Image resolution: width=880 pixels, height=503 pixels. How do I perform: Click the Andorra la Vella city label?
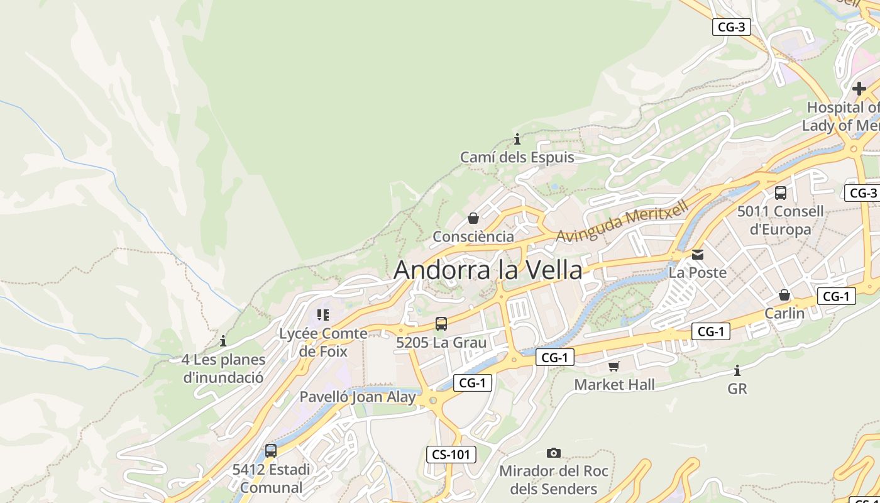[x=488, y=270]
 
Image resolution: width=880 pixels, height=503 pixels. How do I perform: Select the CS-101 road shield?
[x=451, y=455]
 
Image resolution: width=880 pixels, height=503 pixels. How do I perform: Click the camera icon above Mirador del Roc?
[x=553, y=453]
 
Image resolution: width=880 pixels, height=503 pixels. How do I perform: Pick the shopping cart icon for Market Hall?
[x=614, y=366]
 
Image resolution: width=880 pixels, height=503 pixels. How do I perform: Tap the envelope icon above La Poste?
[x=697, y=255]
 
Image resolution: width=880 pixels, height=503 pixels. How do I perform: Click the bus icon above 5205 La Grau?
[x=441, y=324]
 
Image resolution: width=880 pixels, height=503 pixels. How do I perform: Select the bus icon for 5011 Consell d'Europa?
[x=780, y=193]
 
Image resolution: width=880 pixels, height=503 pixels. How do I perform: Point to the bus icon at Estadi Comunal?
[x=271, y=450]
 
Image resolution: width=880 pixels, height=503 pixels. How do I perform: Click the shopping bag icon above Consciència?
[x=473, y=218]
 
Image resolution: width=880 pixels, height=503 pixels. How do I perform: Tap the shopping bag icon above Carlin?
[x=784, y=294]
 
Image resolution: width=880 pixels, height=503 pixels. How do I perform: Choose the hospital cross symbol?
[x=859, y=88]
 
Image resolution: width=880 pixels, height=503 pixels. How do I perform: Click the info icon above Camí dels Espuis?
[x=517, y=139]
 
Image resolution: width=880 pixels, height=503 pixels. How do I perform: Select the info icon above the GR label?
[x=737, y=370]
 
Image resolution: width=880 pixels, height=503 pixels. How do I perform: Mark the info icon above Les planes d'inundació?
[x=223, y=341]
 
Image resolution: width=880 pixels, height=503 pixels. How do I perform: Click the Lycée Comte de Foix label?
[x=323, y=342]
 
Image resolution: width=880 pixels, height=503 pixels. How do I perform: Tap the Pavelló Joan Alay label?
[x=357, y=397]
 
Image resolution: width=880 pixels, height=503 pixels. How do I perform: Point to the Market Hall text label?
[x=614, y=384]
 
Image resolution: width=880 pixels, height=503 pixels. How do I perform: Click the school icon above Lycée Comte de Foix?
[x=323, y=314]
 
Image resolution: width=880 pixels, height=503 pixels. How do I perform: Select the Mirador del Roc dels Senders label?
[x=553, y=480]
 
